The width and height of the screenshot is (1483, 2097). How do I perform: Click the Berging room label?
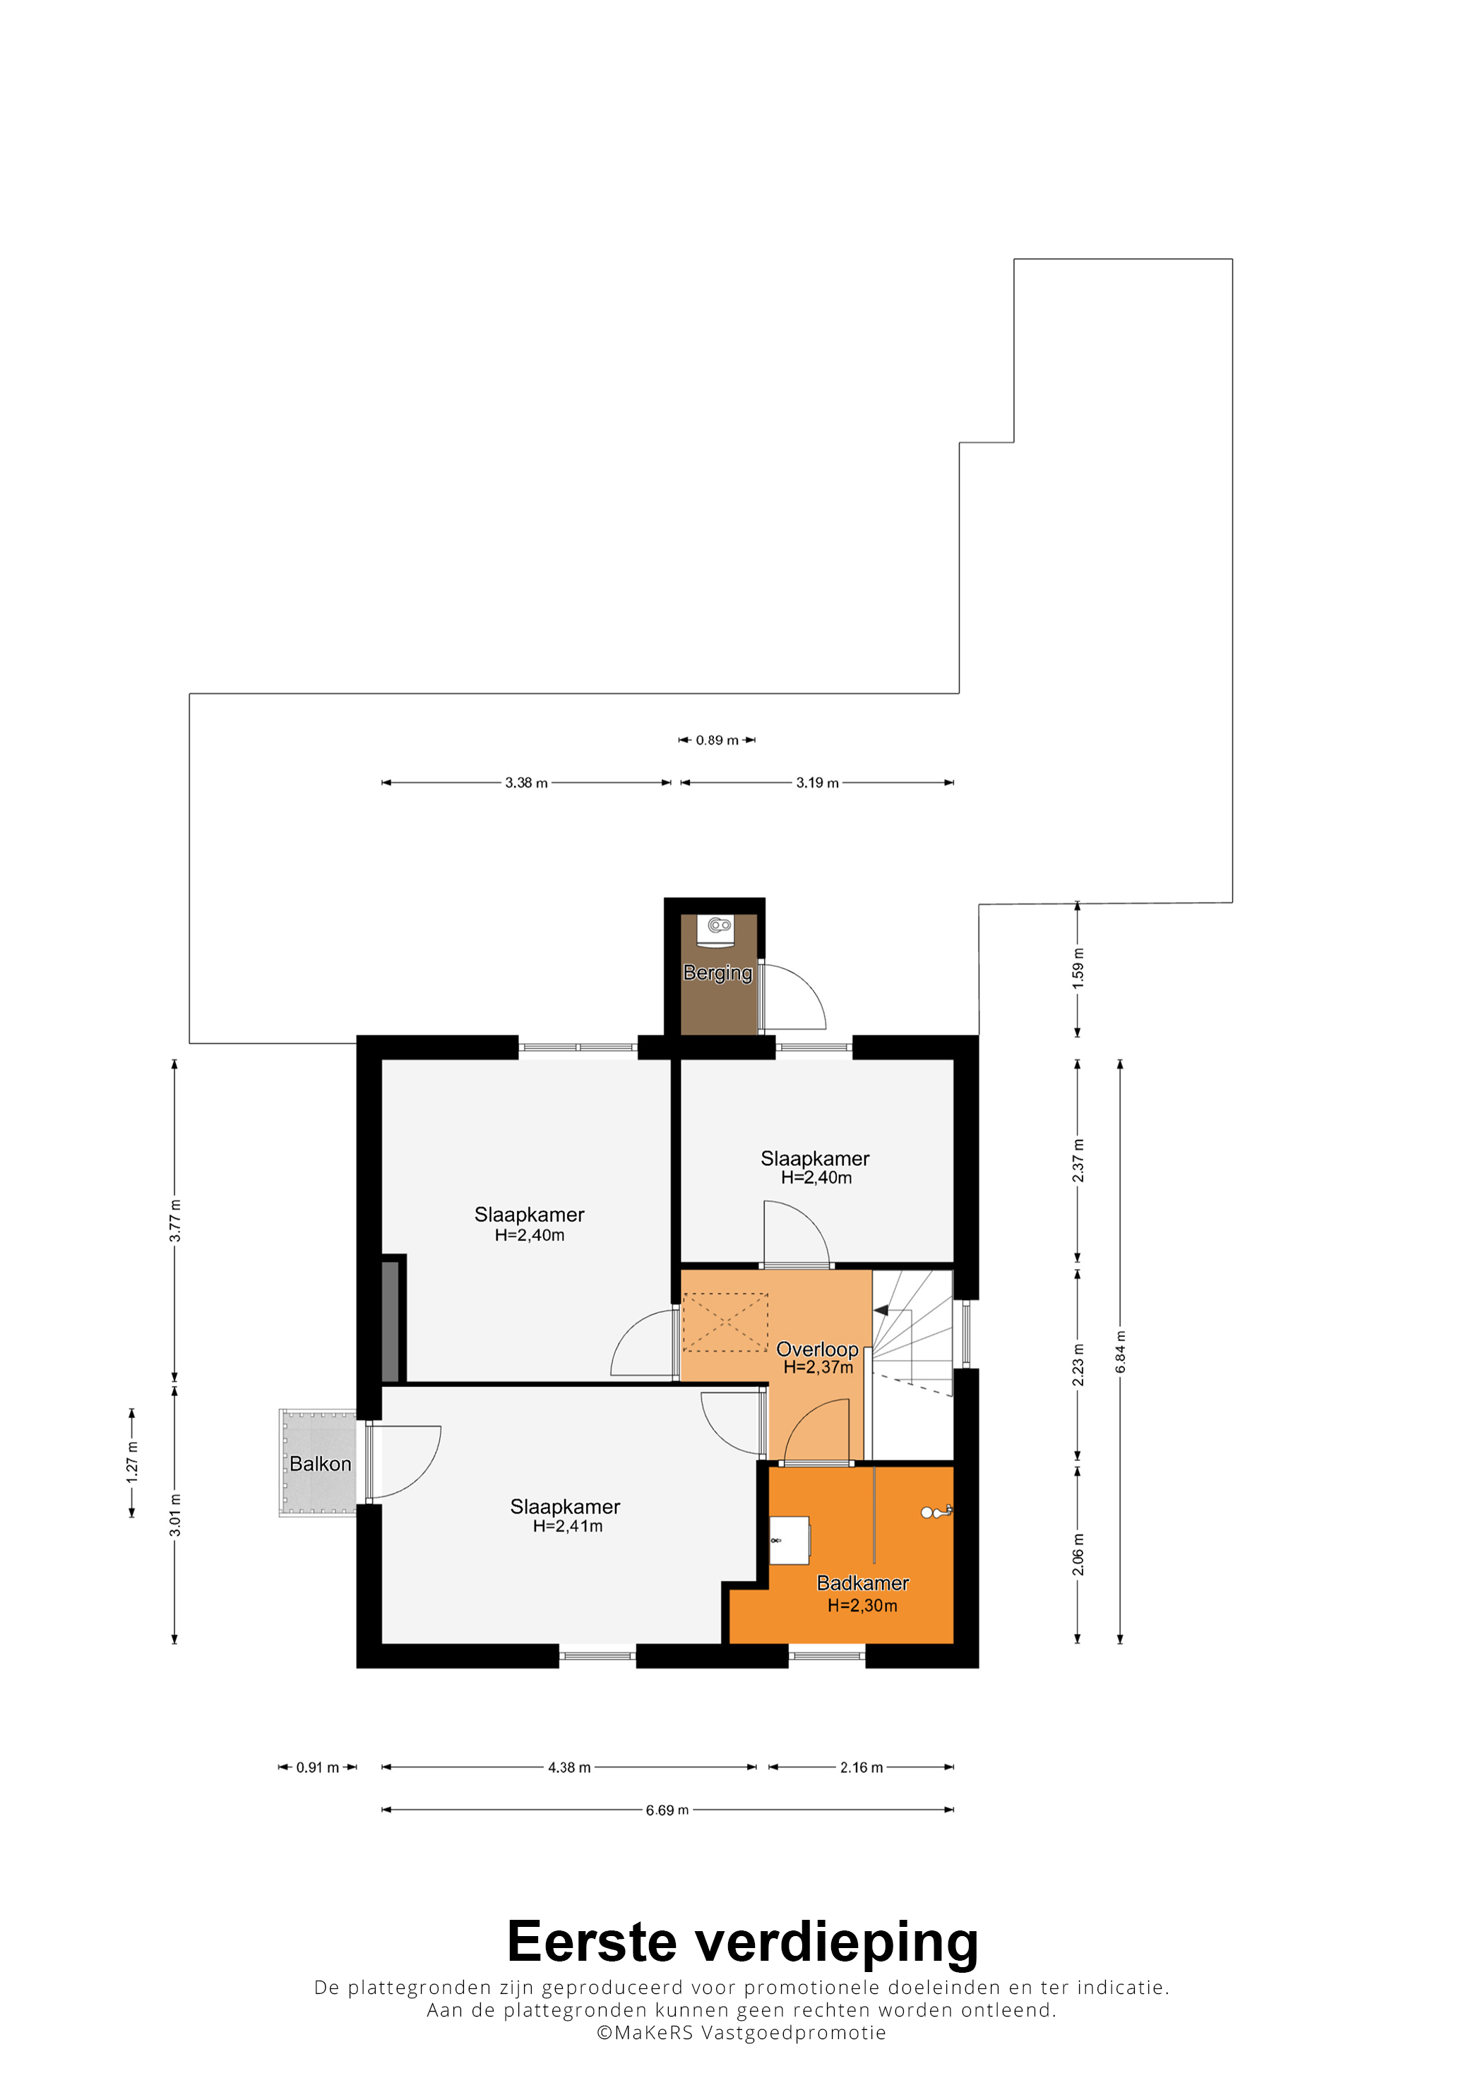pos(717,973)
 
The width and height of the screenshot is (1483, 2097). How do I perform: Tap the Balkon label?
pos(320,1464)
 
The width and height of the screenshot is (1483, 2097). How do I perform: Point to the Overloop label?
pos(817,1349)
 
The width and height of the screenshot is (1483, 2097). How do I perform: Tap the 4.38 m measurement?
pos(569,1767)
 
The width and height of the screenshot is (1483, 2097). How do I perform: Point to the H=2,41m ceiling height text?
pos(568,1526)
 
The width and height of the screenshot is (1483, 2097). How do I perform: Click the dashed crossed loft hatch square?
pos(725,1323)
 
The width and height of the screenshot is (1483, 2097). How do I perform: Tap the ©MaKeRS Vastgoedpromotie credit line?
pos(741,2033)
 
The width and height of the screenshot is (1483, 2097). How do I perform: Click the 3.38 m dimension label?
pos(526,783)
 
